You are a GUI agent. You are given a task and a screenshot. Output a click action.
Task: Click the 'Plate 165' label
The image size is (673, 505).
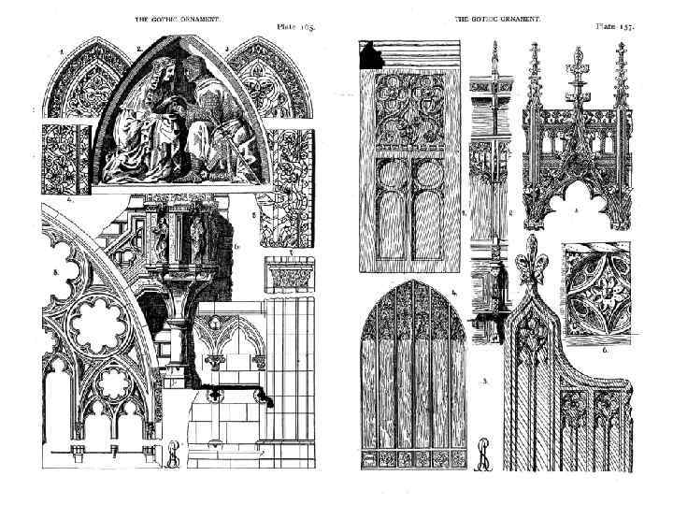click(295, 26)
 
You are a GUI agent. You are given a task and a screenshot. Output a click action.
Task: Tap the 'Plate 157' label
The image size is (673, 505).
click(615, 25)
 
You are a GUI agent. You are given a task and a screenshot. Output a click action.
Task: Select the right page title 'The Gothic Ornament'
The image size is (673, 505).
click(497, 19)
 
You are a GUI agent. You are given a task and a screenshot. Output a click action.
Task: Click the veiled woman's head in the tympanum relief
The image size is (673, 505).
click(160, 72)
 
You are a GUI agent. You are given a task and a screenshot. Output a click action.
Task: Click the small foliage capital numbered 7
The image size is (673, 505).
click(283, 276)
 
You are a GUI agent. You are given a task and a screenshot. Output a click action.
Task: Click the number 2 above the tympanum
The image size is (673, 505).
click(139, 47)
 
